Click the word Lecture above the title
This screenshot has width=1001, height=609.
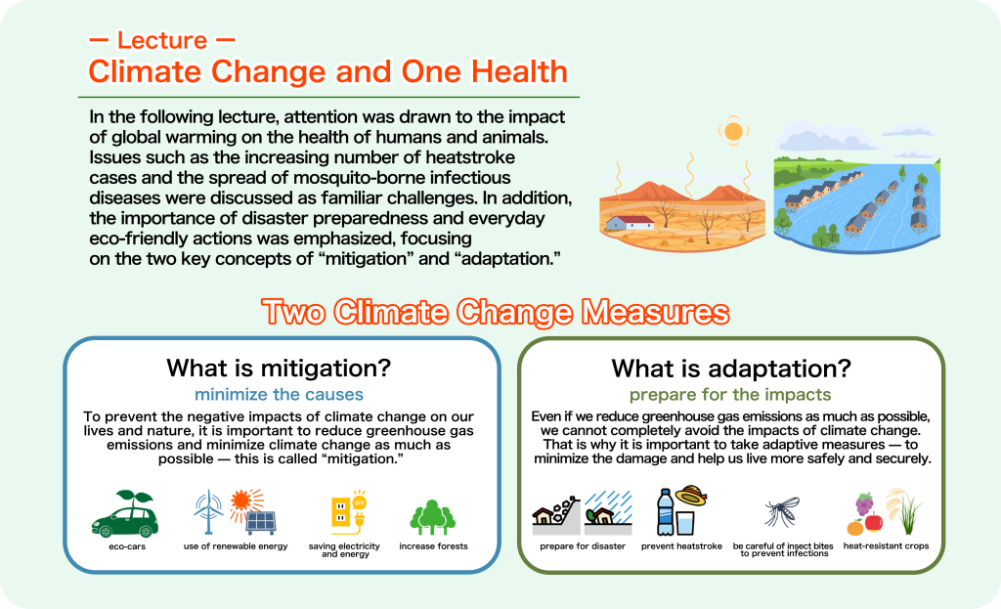[162, 40]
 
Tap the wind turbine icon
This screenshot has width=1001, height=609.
[207, 511]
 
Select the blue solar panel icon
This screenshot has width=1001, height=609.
[261, 523]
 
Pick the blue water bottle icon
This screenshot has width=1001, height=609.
[665, 512]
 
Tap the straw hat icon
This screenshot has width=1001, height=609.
[691, 495]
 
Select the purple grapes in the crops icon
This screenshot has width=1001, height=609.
[864, 503]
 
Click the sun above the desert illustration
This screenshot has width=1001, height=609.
[733, 132]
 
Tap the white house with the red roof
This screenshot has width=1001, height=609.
[630, 223]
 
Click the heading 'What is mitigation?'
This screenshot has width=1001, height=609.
[279, 369]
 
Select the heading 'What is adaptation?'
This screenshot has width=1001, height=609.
[731, 369]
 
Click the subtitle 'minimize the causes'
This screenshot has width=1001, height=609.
[279, 395]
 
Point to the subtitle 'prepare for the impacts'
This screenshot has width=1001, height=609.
[730, 395]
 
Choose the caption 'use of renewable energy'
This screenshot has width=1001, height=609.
[236, 546]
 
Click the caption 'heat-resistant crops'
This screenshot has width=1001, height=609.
[886, 545]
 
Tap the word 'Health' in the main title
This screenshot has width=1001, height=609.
[520, 71]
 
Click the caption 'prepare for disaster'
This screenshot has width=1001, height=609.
[583, 546]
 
